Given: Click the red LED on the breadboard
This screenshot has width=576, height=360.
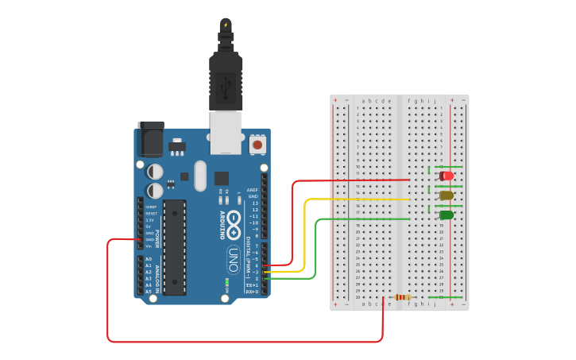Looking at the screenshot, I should pos(446,176).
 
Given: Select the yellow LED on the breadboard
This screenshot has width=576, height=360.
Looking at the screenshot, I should pos(446,195).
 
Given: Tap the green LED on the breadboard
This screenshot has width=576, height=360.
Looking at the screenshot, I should pos(446,215).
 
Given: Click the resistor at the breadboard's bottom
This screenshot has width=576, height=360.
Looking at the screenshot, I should pos(402,297).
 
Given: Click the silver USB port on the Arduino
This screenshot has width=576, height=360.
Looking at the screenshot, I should pos(226,132).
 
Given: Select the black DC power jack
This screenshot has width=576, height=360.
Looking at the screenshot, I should pos(151,139).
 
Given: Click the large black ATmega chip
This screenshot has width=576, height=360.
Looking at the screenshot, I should pos(175,247).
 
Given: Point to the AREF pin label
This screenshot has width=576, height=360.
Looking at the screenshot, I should pos(253,190).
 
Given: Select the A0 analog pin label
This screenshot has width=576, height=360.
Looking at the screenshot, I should pos(149,260).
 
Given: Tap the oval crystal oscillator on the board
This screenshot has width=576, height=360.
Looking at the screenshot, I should pos(199,176).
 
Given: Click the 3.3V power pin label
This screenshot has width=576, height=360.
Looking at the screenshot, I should pos(149,219).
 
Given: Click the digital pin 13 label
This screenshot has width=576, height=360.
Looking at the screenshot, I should pos(254,203).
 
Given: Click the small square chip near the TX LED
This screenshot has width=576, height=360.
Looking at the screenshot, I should pos(222,179).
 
